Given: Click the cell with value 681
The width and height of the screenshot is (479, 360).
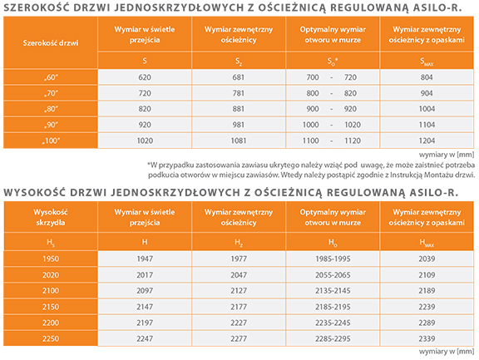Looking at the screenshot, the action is [239, 77].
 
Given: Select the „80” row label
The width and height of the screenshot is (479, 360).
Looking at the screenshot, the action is [51, 109].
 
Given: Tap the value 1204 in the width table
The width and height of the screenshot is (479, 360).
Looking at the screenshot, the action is [427, 141].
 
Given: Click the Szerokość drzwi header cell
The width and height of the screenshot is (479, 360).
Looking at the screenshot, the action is [51, 42].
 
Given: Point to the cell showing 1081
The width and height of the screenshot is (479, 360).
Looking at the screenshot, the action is [239, 141].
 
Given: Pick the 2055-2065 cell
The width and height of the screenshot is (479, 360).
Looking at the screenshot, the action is [333, 275].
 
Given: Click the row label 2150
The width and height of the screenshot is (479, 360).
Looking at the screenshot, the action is [51, 307].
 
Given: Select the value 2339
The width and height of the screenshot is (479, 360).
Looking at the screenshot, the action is [427, 338].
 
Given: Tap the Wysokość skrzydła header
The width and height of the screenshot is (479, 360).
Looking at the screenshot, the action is [51, 217].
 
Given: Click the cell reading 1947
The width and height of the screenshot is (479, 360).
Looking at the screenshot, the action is [145, 259].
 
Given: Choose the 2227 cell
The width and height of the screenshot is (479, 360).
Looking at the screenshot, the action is [239, 323].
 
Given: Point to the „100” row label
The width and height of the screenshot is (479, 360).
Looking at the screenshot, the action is [51, 141].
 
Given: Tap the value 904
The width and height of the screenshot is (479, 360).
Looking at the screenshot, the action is [427, 93].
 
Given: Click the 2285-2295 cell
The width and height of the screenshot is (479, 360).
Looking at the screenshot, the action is [333, 338].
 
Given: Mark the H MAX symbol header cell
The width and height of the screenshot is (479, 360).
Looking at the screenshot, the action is [427, 242].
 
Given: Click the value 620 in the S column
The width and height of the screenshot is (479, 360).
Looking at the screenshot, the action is [145, 77].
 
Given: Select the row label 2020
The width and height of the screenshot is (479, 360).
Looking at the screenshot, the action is [51, 275].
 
